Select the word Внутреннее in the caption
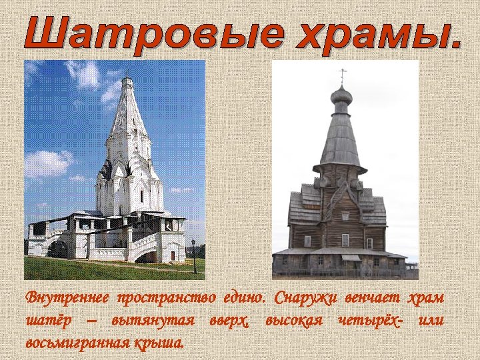(67, 297)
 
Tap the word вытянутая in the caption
(153, 321)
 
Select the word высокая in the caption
(294, 321)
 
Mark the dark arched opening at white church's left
(58, 249)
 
